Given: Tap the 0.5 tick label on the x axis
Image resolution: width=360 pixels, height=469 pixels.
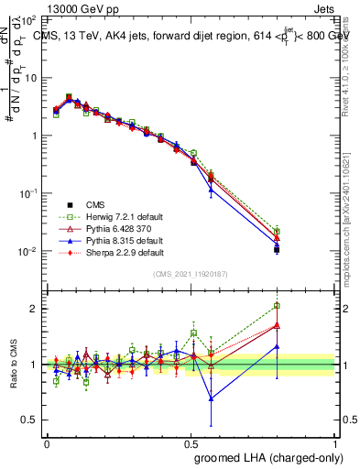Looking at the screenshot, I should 191,443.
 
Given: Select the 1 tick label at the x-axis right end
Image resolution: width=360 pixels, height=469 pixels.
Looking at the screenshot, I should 335,443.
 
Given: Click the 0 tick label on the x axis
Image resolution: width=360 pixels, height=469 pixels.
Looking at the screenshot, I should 47,443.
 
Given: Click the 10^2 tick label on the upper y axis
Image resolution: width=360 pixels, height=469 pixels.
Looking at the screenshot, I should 28,18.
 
